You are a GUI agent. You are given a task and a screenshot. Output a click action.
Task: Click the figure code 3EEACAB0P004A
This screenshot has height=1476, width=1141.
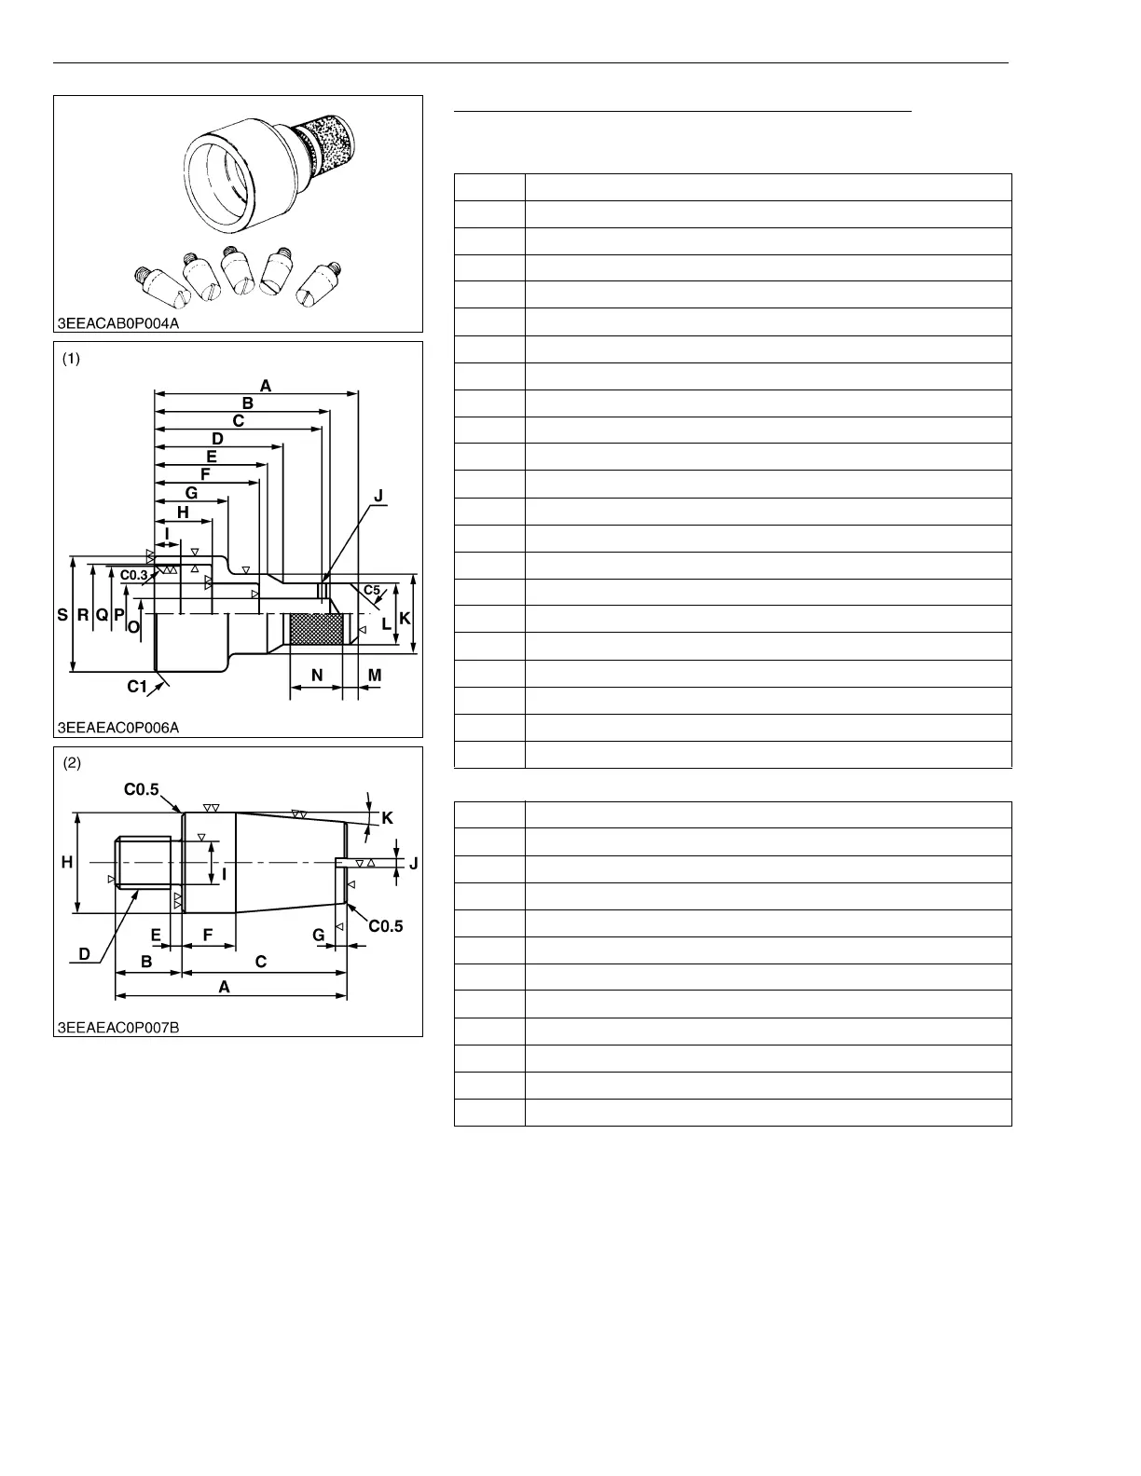[x=117, y=324]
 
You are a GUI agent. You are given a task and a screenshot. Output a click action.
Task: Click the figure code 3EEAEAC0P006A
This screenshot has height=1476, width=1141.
[x=117, y=728]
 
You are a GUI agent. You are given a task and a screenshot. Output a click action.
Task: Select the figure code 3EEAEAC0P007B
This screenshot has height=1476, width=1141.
[x=117, y=1027]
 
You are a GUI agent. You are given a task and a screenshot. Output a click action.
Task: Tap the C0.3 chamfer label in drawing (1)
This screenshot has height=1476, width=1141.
[x=134, y=576]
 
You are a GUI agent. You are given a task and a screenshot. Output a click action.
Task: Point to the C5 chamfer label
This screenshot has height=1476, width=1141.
[x=372, y=590]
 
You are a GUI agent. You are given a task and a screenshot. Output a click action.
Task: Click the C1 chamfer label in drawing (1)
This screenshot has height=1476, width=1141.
[x=138, y=687]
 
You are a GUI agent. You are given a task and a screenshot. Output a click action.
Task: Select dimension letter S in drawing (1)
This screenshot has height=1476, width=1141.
[x=62, y=615]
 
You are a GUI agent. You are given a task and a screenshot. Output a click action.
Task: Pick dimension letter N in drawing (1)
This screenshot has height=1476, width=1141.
[x=317, y=675]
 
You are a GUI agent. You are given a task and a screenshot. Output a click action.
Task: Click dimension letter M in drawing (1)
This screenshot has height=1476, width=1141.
[x=375, y=675]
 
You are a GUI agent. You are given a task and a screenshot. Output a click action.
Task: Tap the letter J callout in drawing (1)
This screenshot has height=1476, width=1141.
[x=378, y=497]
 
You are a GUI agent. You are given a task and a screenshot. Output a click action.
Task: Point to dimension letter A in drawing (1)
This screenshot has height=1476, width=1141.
[x=266, y=385]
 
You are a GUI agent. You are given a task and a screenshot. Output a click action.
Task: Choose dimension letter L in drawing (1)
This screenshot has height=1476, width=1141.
[x=387, y=624]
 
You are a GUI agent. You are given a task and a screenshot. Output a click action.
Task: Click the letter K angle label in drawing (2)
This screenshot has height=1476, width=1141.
[x=388, y=818]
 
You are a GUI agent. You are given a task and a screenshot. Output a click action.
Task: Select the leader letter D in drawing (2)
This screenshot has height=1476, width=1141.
[x=84, y=954]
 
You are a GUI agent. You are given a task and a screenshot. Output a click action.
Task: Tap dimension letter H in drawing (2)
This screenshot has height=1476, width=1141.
[x=67, y=863]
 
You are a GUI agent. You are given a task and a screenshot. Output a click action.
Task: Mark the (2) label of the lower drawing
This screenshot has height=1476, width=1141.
[x=72, y=763]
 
